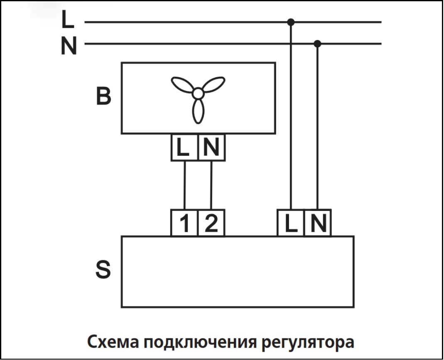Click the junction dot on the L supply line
click(x=291, y=22)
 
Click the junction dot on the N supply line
click(x=317, y=44)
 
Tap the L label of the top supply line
click(x=68, y=20)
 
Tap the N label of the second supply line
click(x=69, y=46)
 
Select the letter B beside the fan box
click(x=103, y=96)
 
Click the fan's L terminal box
click(x=184, y=147)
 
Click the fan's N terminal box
click(x=211, y=147)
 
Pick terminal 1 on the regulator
click(x=184, y=223)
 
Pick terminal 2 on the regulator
click(x=211, y=223)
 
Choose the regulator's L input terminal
click(x=291, y=223)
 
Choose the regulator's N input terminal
click(x=318, y=223)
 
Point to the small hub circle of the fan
click(x=198, y=94)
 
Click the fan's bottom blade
click(x=198, y=111)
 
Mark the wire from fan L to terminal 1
click(x=184, y=185)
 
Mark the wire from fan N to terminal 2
click(x=211, y=185)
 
